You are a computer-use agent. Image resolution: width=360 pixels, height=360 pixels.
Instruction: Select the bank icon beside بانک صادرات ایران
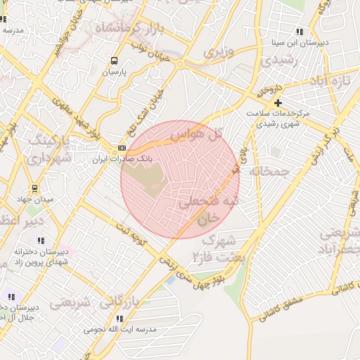[122, 148]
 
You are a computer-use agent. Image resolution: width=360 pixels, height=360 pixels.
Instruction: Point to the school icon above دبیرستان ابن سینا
[300, 32]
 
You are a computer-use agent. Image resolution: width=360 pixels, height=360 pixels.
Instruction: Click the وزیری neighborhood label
[218, 51]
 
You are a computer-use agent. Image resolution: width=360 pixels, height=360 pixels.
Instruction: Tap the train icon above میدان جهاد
[34, 188]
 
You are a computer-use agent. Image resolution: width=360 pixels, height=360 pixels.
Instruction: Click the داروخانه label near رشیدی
[269, 92]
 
